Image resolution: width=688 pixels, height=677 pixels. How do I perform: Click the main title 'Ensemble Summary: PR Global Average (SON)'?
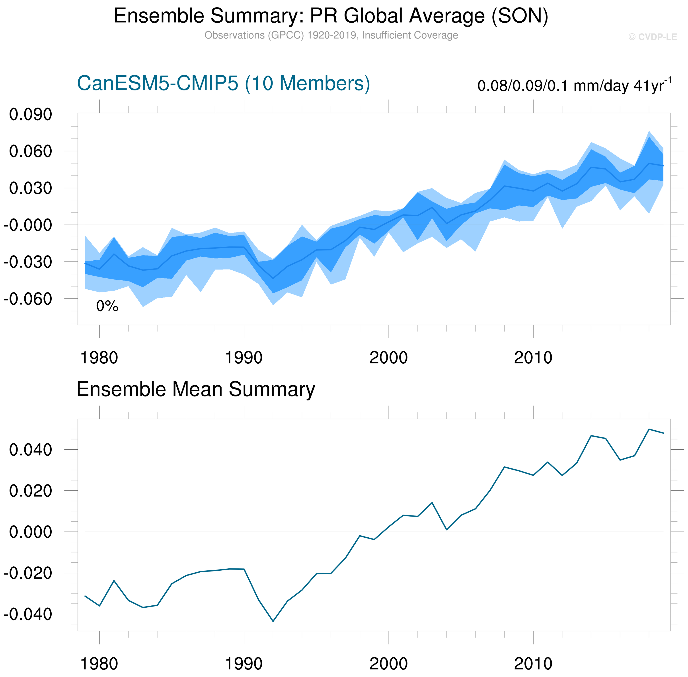point(331,16)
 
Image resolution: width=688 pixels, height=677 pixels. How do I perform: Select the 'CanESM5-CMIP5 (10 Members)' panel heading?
point(223,84)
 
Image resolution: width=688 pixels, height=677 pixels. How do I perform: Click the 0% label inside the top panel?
point(107,306)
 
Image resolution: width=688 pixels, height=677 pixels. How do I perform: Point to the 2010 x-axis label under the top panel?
point(533,358)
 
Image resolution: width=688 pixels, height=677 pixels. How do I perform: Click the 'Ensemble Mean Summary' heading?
point(196,389)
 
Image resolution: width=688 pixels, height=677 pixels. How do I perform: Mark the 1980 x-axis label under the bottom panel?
point(99,664)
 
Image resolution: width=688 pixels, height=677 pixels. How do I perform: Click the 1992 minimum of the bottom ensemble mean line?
point(273,621)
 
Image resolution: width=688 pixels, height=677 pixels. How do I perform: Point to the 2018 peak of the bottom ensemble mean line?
point(649,429)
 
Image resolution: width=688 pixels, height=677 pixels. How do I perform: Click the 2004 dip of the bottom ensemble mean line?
point(446,530)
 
